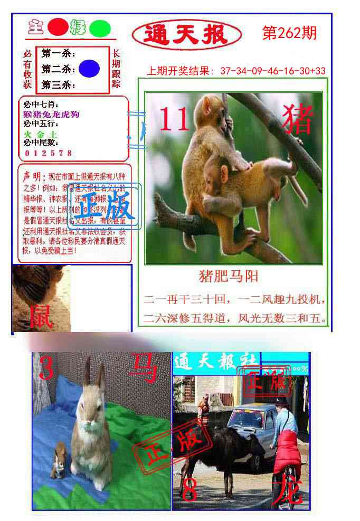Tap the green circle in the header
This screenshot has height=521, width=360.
click(x=99, y=29)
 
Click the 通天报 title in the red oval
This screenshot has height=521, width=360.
click(x=186, y=35)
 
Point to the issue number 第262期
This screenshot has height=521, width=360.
click(x=289, y=33)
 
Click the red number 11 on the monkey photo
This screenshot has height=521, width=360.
click(x=174, y=119)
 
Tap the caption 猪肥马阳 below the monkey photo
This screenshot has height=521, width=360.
click(x=228, y=276)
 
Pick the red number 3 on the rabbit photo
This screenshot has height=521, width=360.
click(x=46, y=368)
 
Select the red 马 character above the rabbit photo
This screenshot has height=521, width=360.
click(x=143, y=367)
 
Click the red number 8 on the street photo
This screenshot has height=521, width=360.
click(x=189, y=490)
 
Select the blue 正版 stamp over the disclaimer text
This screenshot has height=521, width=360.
click(x=106, y=206)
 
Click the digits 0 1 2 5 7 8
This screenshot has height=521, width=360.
click(x=48, y=153)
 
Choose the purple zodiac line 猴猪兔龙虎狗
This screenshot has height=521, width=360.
click(x=51, y=114)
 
